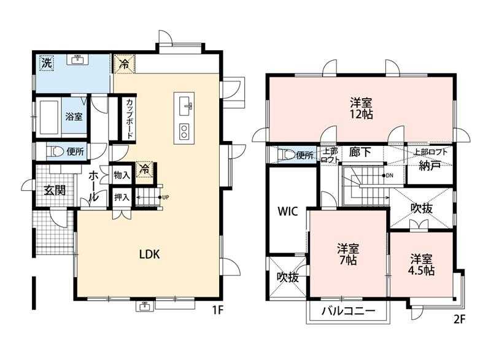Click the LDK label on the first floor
(x=149, y=255)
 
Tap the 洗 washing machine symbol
(x=47, y=63)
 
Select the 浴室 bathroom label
(x=74, y=117)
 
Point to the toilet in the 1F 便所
(x=55, y=152)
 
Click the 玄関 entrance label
(x=55, y=190)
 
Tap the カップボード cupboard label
(x=130, y=119)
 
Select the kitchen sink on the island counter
(x=185, y=105)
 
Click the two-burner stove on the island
(x=184, y=132)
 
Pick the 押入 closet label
(x=122, y=197)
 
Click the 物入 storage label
(x=122, y=175)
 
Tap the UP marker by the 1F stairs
(x=164, y=197)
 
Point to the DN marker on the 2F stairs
(x=388, y=175)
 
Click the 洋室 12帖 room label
(x=361, y=108)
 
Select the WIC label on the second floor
(x=288, y=212)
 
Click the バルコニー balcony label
(x=349, y=311)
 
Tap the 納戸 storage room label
(x=430, y=166)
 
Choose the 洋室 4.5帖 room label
(x=421, y=264)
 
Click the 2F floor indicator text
(x=459, y=319)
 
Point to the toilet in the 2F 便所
(x=287, y=155)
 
